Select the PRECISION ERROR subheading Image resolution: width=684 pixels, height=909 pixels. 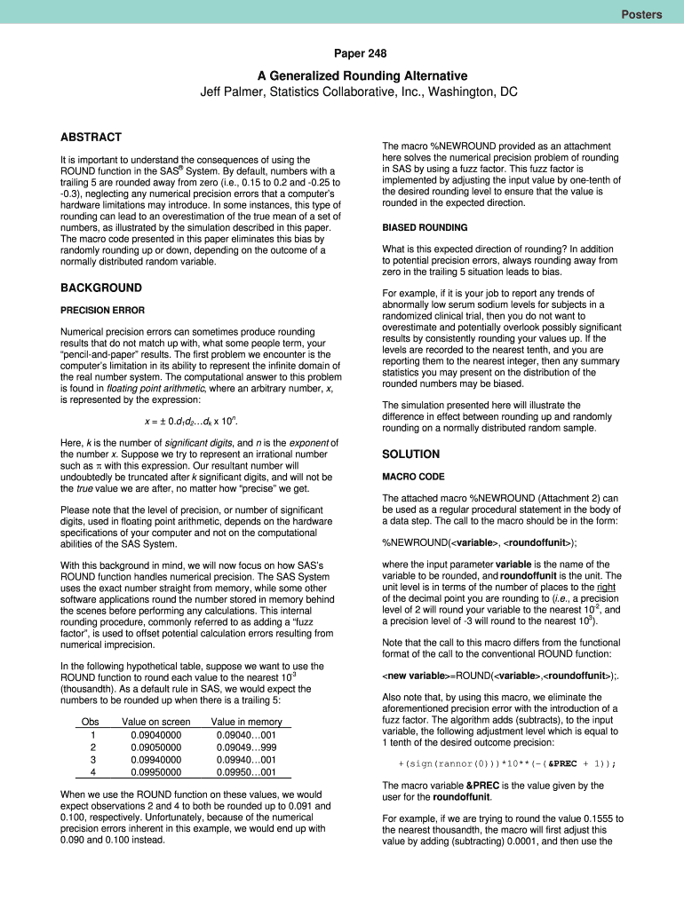point(105,311)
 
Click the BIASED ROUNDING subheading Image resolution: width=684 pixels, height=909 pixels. point(425,227)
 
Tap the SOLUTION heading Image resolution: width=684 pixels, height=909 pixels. point(410,454)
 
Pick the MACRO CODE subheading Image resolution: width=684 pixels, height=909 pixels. point(413,477)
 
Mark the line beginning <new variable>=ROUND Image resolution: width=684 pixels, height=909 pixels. point(483,675)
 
